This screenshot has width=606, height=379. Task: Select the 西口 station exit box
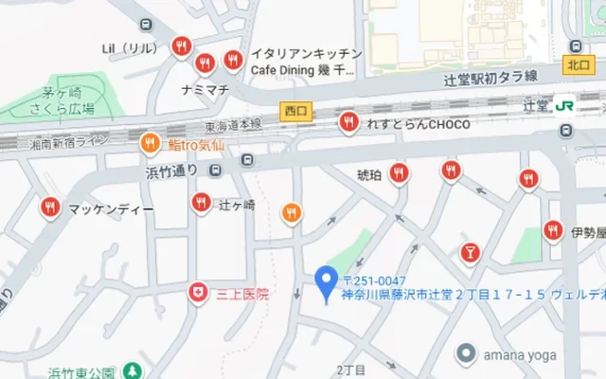(x=294, y=111)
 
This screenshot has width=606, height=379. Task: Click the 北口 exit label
(x=577, y=64)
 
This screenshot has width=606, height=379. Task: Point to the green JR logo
(x=563, y=106)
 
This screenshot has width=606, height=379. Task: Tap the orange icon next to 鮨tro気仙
(x=150, y=144)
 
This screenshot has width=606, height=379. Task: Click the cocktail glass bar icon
(x=469, y=252)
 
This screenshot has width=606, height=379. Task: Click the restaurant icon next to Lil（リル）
(x=181, y=46)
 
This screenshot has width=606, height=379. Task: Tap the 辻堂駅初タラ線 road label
(x=490, y=80)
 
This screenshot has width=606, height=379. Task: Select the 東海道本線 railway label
(x=235, y=125)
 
